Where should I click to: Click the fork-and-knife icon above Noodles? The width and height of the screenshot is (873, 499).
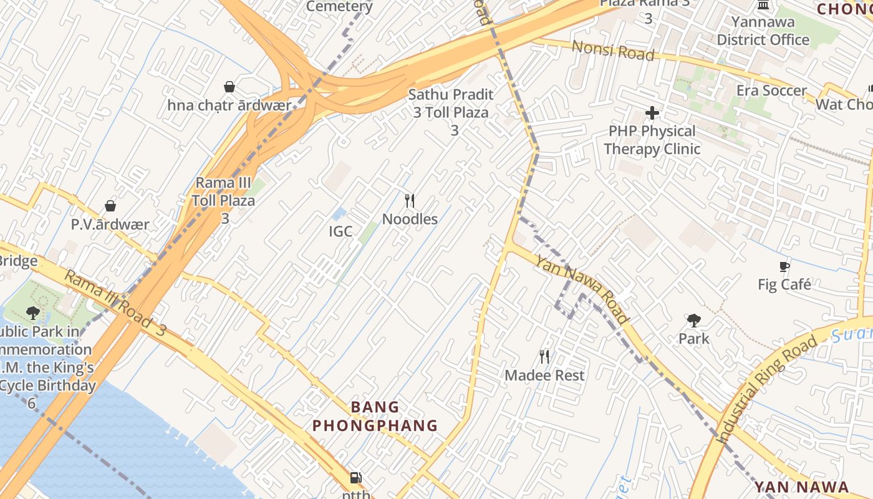point(410,200)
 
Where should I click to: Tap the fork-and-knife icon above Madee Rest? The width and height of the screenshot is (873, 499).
point(544,357)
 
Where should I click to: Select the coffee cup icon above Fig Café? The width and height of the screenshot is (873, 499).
point(784,267)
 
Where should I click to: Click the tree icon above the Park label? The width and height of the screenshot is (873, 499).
point(693,321)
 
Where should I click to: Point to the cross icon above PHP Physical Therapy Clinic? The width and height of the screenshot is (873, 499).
point(652,113)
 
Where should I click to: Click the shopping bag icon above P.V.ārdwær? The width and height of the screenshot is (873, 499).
point(110,206)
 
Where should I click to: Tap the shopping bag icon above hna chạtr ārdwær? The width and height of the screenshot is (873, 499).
point(229,87)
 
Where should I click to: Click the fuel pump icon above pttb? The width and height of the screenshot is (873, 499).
point(355,478)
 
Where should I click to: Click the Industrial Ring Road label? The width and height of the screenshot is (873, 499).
point(768,389)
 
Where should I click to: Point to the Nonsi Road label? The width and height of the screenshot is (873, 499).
point(613,50)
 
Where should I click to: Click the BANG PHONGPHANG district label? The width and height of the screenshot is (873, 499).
point(375,416)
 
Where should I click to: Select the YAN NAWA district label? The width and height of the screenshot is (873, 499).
point(801,487)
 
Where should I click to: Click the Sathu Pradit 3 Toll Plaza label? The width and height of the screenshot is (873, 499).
point(451,112)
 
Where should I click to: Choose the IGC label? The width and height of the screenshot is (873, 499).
point(340,231)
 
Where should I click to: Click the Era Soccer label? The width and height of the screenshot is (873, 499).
point(771,90)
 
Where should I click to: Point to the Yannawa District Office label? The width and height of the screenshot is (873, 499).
point(763,31)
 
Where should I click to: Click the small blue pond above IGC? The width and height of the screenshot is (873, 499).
point(339,214)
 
